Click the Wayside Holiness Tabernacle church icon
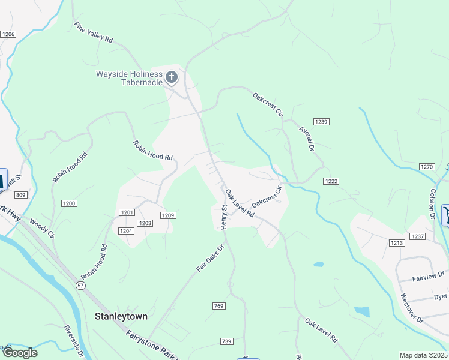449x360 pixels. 172,77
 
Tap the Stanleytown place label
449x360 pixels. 121,316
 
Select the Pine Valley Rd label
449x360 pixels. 94,32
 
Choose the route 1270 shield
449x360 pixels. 427,167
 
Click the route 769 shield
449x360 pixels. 218,307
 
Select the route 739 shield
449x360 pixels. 226,341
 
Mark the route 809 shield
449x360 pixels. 21,195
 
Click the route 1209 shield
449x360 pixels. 168,215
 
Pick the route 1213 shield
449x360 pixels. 396,243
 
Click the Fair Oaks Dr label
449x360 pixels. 211,257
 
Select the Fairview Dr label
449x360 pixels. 427,278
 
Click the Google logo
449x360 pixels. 20,352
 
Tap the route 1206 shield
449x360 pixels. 8,34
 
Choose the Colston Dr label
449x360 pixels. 431,199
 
